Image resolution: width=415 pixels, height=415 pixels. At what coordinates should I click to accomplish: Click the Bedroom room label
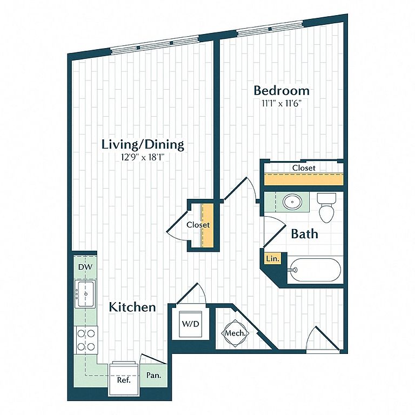(282, 90)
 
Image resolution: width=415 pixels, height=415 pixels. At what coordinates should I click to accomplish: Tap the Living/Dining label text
(143, 144)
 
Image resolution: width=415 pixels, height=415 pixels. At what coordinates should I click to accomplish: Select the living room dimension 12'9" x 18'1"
(143, 157)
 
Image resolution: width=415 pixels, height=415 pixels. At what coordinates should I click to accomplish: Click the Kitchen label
(132, 307)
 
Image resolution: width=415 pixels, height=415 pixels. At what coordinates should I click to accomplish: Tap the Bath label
(304, 234)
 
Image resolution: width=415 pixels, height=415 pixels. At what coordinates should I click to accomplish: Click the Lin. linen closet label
(272, 259)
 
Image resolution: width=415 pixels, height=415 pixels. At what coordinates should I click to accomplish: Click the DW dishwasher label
(84, 267)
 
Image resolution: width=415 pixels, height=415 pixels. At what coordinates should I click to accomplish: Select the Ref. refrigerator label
(124, 380)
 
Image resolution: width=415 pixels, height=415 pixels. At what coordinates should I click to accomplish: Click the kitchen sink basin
(85, 294)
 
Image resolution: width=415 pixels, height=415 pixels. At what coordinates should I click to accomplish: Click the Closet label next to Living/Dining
(197, 224)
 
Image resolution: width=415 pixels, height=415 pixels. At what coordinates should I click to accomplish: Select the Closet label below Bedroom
(303, 168)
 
